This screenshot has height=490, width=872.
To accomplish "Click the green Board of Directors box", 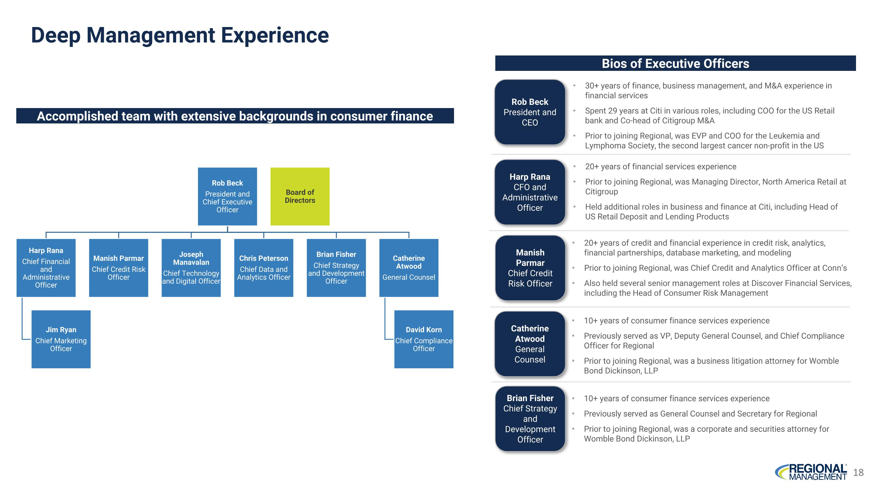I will [300, 196].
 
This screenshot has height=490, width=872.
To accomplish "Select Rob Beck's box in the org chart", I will [227, 196].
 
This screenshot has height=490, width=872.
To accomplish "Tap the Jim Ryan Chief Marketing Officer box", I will [61, 339].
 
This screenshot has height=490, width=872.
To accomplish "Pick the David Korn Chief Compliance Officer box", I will [424, 339].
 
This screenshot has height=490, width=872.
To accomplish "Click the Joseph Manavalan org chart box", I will [191, 268].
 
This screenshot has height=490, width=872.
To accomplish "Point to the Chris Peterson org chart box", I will [263, 268].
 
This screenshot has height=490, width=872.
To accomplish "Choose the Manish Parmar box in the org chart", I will [119, 268].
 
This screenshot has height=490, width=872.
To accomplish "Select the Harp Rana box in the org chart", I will [46, 268].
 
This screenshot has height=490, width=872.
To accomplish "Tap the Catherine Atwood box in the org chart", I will [409, 268].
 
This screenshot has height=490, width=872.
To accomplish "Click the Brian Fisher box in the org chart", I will [336, 268].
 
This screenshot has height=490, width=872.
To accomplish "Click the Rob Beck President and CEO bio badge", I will [530, 112].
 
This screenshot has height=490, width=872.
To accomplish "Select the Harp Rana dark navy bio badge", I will [530, 192].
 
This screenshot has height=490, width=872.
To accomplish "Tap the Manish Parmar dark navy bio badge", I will [530, 268].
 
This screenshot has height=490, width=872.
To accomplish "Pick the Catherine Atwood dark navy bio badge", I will [530, 344].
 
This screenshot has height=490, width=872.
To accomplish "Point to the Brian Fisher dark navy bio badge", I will [530, 419].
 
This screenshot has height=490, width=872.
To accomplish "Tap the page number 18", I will [858, 472].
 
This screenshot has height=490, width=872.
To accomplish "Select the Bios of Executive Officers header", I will [675, 63].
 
